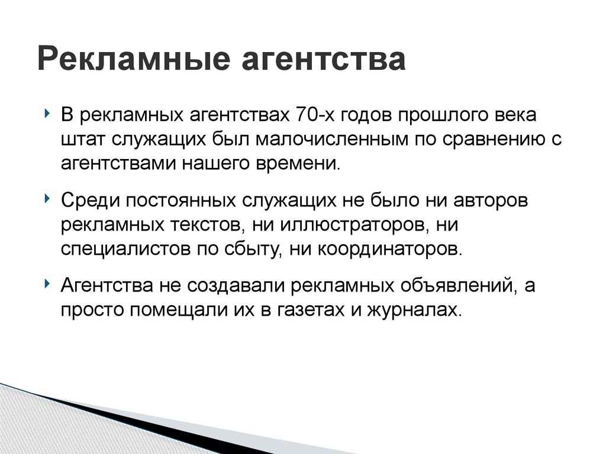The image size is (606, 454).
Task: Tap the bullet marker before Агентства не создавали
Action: [x=47, y=284]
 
